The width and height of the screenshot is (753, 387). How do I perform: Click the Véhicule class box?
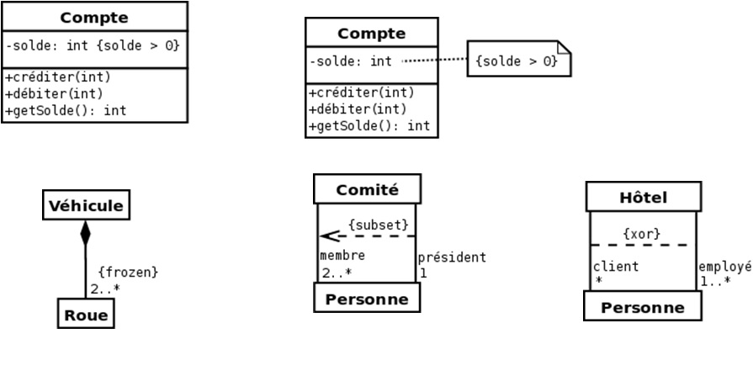coord(86,205)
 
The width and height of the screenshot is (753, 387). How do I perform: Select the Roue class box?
coord(86,315)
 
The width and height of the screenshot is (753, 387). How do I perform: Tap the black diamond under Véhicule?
coord(85,233)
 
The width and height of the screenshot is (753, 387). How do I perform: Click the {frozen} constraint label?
coord(128,273)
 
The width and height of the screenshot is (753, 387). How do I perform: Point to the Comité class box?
coord(367,189)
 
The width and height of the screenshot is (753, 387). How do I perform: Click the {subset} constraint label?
coord(379,225)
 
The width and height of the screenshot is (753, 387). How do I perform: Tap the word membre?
coord(342,256)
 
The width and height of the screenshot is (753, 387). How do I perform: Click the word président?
coord(452,257)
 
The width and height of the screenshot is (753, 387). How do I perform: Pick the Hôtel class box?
coord(643,198)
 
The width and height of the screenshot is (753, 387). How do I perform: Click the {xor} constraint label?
coord(641,233)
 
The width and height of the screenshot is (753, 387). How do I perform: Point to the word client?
coord(616,267)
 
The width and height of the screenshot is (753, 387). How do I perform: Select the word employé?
coord(724,267)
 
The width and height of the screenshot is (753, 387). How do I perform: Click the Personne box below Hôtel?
coord(643,307)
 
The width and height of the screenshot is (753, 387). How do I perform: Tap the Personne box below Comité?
coord(367,299)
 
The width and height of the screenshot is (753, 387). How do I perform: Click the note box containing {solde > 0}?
coord(517,61)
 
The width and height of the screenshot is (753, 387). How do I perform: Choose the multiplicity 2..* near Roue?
coord(105,289)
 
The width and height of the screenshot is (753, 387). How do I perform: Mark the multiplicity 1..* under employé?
coord(715,281)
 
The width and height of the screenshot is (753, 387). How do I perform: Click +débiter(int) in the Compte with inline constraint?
coord(52,93)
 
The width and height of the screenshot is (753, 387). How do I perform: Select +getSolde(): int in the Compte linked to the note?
coord(370,126)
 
